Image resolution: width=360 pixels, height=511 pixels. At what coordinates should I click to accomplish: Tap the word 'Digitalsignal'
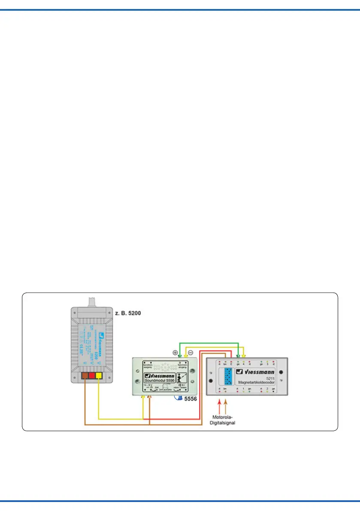click(x=222, y=423)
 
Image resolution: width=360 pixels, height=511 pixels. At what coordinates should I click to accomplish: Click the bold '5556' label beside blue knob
click(x=191, y=399)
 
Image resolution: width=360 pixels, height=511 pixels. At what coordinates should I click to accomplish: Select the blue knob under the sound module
click(x=178, y=398)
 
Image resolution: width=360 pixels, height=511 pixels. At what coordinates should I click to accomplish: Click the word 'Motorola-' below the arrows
click(x=222, y=417)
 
